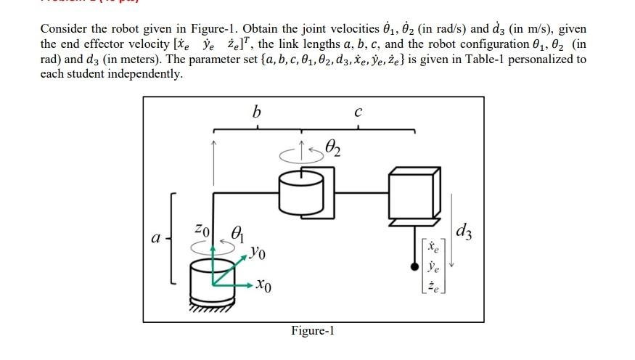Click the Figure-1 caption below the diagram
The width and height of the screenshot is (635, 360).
point(312,331)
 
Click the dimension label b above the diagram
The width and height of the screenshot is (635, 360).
point(255,112)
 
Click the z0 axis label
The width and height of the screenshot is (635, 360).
point(205,229)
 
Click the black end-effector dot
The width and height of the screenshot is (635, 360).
point(415,267)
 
